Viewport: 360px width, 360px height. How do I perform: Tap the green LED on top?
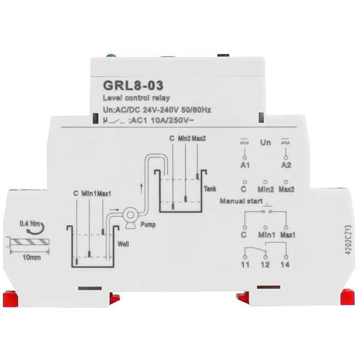pyautogui.click(x=110, y=58)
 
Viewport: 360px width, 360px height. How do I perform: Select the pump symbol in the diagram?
pyautogui.click(x=128, y=215)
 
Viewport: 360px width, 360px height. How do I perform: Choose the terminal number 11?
pyautogui.click(x=244, y=264)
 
